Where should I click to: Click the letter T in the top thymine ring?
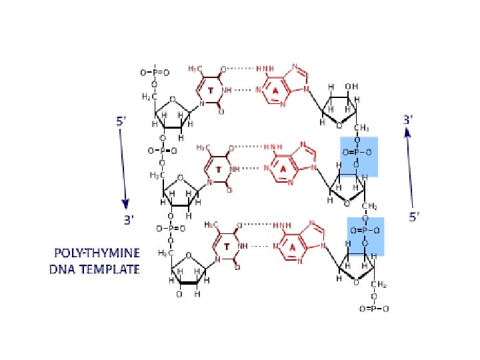coord(210,89)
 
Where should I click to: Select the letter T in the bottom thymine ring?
coord(227,247)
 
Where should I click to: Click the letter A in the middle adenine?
coord(283,169)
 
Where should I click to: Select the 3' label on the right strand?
coord(408,119)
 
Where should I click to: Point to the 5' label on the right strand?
coord(413,216)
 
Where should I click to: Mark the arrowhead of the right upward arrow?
coord(407,133)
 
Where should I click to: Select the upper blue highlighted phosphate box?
coord(359,156)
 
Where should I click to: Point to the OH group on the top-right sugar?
coord(352,86)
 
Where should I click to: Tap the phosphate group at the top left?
coord(155,71)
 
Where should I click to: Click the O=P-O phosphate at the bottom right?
coord(374,309)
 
